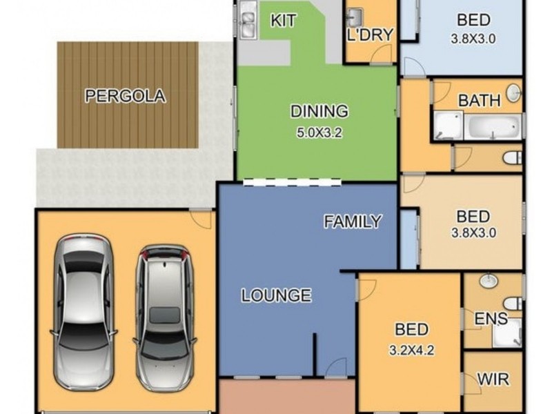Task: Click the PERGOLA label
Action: [126, 96]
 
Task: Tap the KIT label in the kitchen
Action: [283, 21]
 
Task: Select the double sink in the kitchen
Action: [248, 20]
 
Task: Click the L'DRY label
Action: [370, 34]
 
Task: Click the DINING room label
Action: [319, 111]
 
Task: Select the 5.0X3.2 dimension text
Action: [319, 132]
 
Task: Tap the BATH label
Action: [479, 100]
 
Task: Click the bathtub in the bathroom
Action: [493, 126]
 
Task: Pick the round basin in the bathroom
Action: [513, 93]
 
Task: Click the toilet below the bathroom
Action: [512, 158]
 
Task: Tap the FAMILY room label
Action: [353, 221]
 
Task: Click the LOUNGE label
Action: [277, 295]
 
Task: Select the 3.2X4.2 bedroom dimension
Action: [411, 350]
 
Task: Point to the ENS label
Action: [491, 319]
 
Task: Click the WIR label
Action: [493, 379]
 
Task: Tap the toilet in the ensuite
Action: [513, 304]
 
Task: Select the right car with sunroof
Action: [164, 318]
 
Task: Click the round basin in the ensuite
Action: [489, 280]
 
